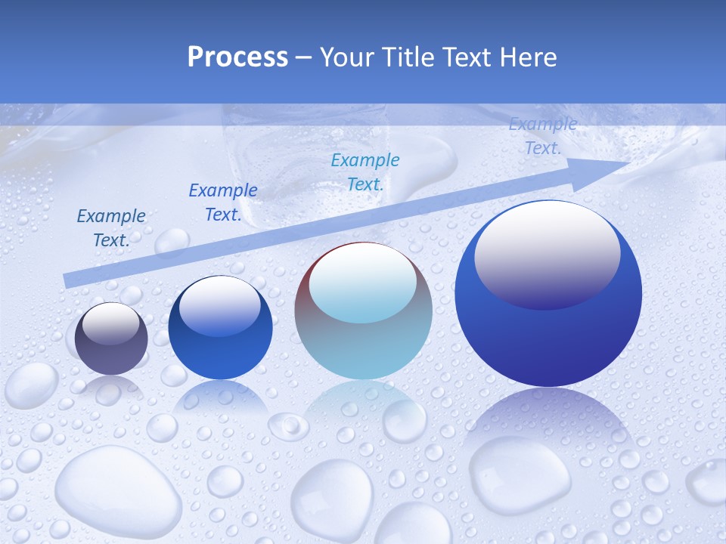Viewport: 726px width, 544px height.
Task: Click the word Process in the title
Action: (x=237, y=57)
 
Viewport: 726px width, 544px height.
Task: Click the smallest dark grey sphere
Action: (x=112, y=338)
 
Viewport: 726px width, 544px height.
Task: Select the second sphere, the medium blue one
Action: (x=220, y=327)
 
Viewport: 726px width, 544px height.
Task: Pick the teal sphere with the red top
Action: (x=363, y=311)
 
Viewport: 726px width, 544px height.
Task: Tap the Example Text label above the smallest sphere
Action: (x=111, y=228)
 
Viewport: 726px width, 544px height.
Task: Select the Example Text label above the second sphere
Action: (x=223, y=202)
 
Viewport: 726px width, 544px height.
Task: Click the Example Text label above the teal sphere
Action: (x=365, y=172)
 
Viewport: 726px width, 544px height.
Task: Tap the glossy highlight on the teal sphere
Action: (x=362, y=283)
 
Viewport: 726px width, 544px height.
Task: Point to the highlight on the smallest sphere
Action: (x=110, y=323)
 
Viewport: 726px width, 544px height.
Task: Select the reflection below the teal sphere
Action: (x=363, y=408)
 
